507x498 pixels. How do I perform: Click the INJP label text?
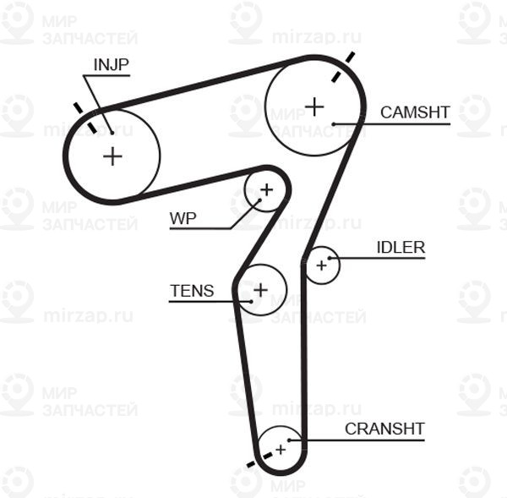[x=112, y=65]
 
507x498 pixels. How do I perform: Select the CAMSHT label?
[x=415, y=112]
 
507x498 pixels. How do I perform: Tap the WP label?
[x=183, y=219]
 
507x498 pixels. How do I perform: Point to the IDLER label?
[x=401, y=248]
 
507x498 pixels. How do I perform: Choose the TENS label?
[x=192, y=291]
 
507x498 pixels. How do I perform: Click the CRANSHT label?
[x=384, y=429]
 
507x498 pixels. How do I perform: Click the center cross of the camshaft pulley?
[x=314, y=107]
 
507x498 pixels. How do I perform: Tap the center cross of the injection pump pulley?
[x=112, y=156]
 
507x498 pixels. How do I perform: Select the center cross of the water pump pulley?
[x=267, y=190]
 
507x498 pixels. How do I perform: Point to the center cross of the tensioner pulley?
[x=260, y=290]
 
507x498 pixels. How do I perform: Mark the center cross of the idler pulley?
[x=321, y=265]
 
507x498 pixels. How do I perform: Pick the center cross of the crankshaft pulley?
[x=281, y=450]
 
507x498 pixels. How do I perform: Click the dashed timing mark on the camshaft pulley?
[x=343, y=67]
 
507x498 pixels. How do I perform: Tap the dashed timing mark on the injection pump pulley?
[x=85, y=118]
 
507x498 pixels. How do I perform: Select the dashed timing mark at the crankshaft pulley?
[x=259, y=460]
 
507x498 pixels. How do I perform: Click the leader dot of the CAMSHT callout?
[x=334, y=124]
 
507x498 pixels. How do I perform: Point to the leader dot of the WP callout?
[x=259, y=200]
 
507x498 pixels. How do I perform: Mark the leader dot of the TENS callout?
[x=251, y=302]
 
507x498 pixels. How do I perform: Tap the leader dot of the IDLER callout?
[x=330, y=258]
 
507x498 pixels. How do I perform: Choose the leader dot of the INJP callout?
[x=112, y=133]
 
